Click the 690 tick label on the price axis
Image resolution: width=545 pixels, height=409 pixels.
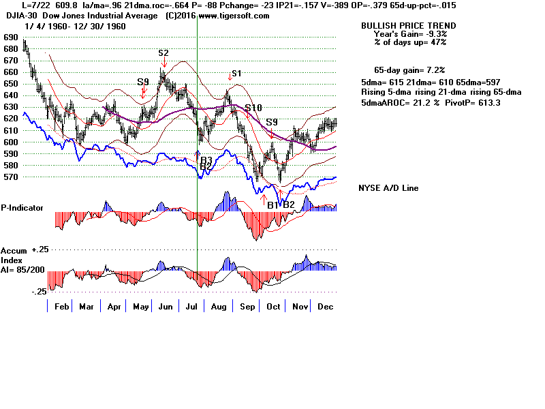[x=10, y=37]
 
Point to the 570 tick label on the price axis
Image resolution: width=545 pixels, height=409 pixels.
[x=10, y=177]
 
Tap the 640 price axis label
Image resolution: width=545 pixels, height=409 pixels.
[x=10, y=96]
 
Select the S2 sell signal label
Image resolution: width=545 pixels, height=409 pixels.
[x=163, y=52]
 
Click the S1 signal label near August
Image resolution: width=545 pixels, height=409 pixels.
[x=236, y=74]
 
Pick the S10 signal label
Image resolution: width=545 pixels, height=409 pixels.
[x=253, y=108]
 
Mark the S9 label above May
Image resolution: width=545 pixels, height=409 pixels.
[x=142, y=82]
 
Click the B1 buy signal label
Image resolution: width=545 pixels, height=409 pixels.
[x=272, y=204]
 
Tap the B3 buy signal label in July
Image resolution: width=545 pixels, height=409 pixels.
[x=206, y=160]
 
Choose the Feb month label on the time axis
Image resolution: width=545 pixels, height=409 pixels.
[x=62, y=307]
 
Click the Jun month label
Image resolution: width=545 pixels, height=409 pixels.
[x=165, y=307]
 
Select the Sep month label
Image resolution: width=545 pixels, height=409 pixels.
[x=247, y=307]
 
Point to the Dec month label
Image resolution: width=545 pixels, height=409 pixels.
[x=324, y=307]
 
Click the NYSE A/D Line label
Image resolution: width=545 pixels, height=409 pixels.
[x=388, y=188]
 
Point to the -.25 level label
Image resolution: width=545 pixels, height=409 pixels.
[x=39, y=291]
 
